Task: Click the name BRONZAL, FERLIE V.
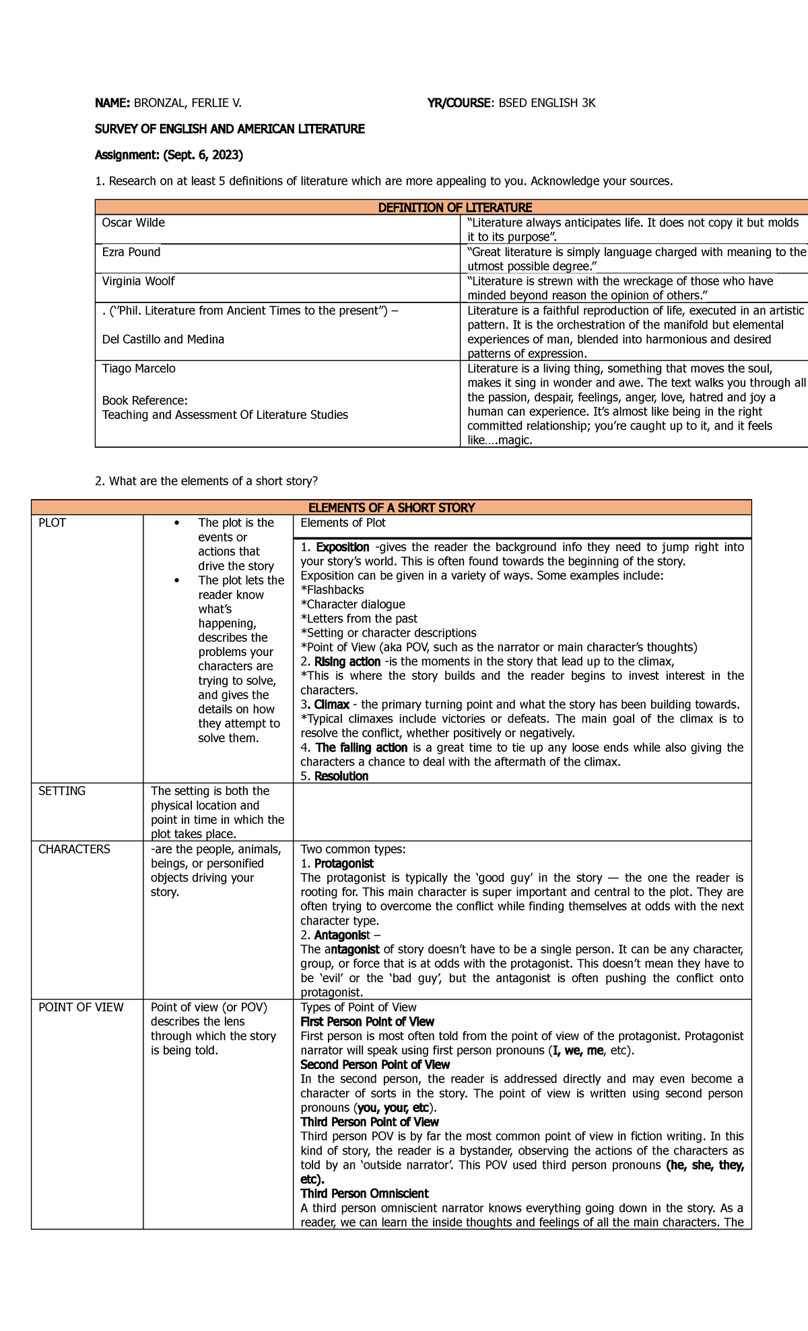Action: pyautogui.click(x=187, y=103)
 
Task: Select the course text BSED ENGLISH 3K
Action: pyautogui.click(x=547, y=103)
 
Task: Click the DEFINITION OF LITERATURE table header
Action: pyautogui.click(x=454, y=207)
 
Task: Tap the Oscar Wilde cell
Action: pyautogui.click(x=133, y=223)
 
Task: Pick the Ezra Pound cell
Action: pyautogui.click(x=131, y=252)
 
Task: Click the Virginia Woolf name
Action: pyautogui.click(x=138, y=281)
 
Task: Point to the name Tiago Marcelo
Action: pyautogui.click(x=139, y=368)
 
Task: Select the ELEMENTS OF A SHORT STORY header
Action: pyautogui.click(x=391, y=508)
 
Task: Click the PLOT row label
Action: pyautogui.click(x=53, y=523)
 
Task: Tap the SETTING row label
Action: pyautogui.click(x=62, y=791)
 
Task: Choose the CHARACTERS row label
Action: pyautogui.click(x=74, y=849)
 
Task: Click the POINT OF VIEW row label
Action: pyautogui.click(x=81, y=1007)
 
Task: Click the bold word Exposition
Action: pyautogui.click(x=343, y=547)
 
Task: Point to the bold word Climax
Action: pyautogui.click(x=332, y=705)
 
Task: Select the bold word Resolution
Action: pyautogui.click(x=341, y=776)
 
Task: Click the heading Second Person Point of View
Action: pyautogui.click(x=375, y=1064)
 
